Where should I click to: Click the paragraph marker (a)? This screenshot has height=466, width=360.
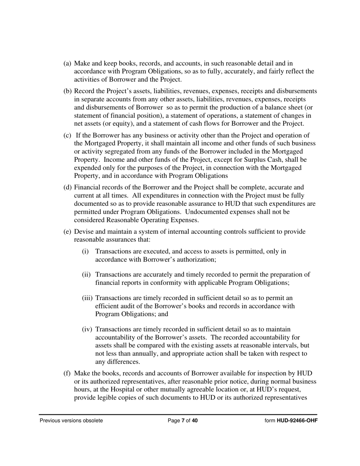click(67, 64)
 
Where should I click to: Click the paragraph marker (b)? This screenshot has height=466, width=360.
click(67, 91)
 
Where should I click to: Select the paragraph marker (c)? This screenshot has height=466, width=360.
click(67, 136)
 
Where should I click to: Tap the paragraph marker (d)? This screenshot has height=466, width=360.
click(67, 188)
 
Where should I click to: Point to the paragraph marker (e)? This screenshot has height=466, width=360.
click(67, 232)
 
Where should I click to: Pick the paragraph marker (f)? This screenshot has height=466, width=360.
click(67, 374)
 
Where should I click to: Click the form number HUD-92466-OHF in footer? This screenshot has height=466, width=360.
click(297, 421)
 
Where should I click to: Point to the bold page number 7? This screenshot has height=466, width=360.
click(183, 421)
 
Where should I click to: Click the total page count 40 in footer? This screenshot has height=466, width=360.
click(195, 421)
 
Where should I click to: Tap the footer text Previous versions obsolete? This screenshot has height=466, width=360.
click(71, 421)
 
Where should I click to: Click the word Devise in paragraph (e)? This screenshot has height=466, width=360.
click(83, 232)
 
